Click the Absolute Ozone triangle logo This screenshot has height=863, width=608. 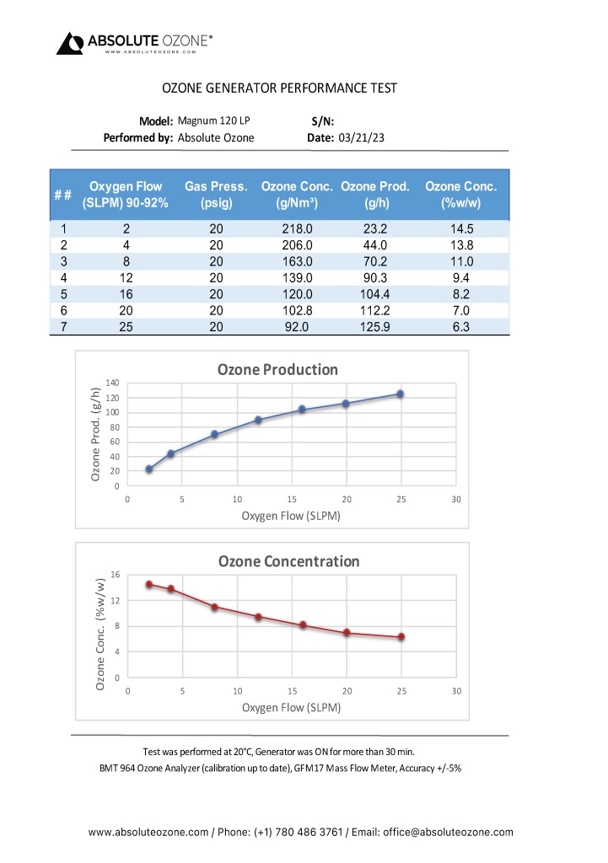[70, 43]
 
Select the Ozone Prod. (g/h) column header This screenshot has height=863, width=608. [375, 195]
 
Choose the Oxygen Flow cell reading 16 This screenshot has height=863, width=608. [125, 293]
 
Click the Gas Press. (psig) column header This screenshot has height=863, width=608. [216, 195]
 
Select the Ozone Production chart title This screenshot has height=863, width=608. [277, 369]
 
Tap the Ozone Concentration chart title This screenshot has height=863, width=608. [288, 561]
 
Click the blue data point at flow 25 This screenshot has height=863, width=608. [401, 394]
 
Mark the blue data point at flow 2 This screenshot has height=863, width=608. [149, 469]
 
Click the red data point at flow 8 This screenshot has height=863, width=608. [215, 607]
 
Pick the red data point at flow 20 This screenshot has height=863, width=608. [347, 632]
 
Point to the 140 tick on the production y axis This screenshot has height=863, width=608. [112, 383]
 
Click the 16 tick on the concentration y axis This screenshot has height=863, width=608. [116, 575]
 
